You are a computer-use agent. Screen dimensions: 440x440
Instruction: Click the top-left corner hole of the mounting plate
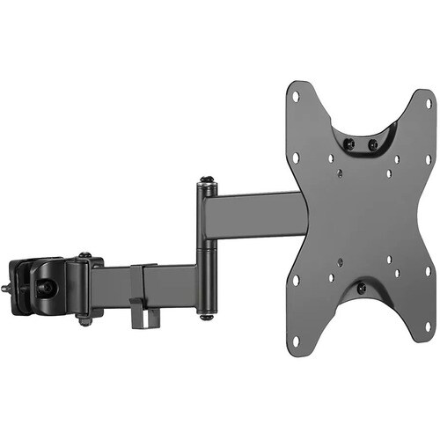click(296, 96)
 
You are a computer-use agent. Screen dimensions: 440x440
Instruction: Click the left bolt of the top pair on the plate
click(348, 143)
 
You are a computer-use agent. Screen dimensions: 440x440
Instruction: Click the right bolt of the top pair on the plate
click(371, 143)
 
